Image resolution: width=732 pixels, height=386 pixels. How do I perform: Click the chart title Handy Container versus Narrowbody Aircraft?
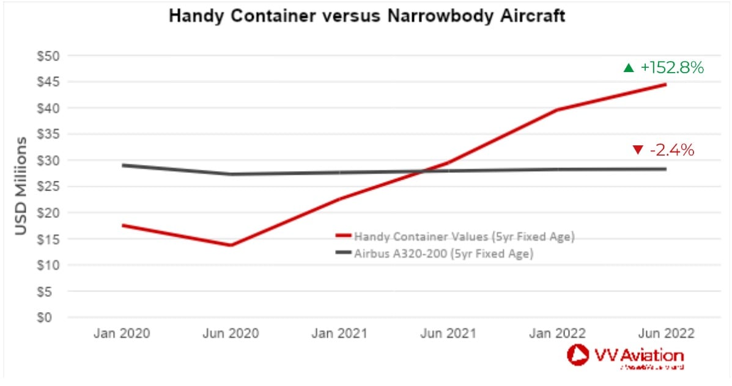click(x=366, y=16)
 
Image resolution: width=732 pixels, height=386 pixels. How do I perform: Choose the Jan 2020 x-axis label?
click(x=121, y=333)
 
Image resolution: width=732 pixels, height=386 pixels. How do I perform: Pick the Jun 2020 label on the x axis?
click(x=231, y=333)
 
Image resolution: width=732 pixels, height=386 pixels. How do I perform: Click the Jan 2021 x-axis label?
click(x=339, y=333)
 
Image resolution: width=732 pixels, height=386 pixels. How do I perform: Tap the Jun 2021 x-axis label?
click(x=448, y=333)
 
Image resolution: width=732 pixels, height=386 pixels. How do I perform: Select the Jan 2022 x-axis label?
click(x=557, y=333)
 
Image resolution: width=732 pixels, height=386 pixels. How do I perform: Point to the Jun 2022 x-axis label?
click(x=666, y=333)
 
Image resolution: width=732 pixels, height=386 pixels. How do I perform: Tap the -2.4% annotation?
click(x=671, y=150)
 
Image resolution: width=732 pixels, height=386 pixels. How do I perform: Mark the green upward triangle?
click(x=628, y=68)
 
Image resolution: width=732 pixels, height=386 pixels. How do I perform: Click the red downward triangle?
click(x=638, y=150)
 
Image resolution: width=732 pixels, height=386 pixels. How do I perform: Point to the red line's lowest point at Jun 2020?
click(x=231, y=246)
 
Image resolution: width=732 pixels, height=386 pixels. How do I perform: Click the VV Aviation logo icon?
click(x=578, y=355)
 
